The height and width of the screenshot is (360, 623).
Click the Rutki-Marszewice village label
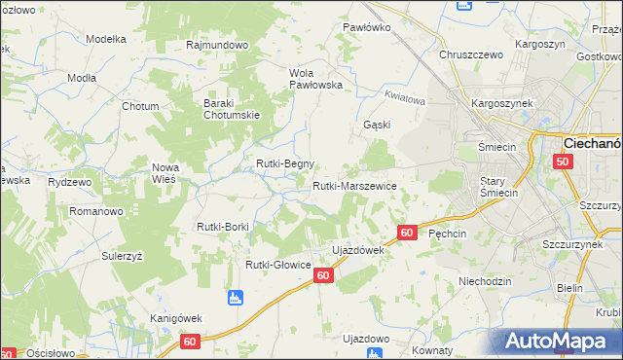coord(353,186)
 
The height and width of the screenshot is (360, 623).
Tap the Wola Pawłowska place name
coord(316,79)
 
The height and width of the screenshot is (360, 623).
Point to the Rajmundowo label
coord(218,45)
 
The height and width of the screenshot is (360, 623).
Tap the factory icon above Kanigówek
coord(234,297)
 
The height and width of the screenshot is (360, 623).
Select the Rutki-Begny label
coord(284,163)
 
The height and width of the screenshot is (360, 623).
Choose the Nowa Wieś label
coord(165,173)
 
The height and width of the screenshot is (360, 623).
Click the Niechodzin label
coord(484,281)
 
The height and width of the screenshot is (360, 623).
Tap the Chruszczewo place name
coord(471,54)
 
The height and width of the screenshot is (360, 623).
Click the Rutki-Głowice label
coord(277,265)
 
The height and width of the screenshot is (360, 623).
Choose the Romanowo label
coord(95,210)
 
